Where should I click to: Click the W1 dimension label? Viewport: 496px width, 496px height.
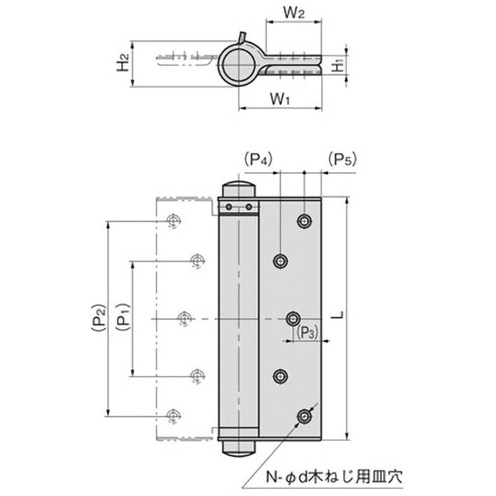click(281, 98)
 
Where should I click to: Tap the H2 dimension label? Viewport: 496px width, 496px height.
click(123, 63)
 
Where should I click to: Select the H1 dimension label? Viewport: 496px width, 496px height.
click(336, 64)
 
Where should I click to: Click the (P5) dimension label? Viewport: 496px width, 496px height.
click(340, 159)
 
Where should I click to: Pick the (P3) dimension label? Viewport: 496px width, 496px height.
click(307, 333)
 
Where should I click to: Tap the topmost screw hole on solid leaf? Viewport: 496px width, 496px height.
click(304, 221)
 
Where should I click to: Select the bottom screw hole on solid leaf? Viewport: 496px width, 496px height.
click(304, 417)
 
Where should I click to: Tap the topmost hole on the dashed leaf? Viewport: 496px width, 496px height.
click(172, 221)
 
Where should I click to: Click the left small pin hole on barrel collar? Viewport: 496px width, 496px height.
click(229, 206)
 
